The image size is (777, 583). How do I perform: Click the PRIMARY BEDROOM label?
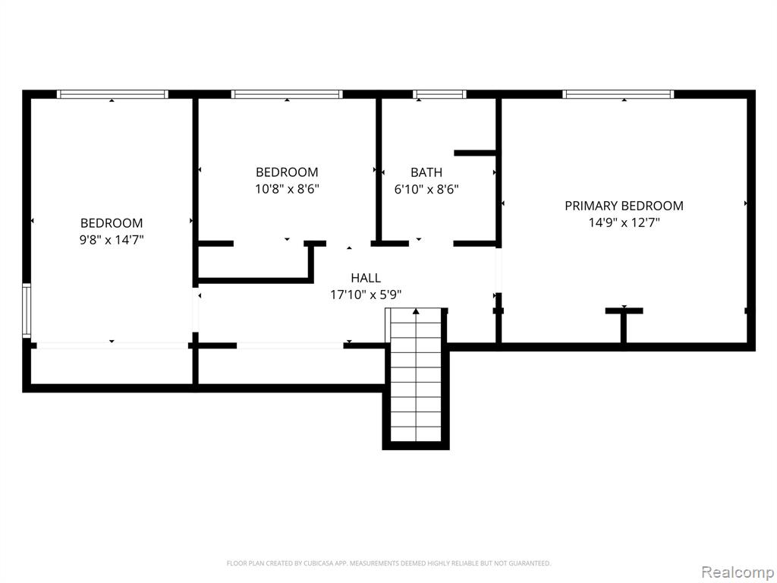coord(624,206)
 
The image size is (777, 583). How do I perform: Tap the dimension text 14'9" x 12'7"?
coord(624,223)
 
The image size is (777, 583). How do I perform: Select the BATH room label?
coord(426,172)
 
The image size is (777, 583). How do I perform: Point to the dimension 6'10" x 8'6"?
coord(426,190)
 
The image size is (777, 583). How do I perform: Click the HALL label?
coord(366,278)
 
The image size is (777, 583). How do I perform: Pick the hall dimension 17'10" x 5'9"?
coord(366,295)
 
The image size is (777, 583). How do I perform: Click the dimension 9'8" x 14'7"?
coord(112,241)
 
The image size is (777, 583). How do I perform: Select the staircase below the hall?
coord(416,380)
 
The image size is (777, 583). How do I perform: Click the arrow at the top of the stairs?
coord(416,311)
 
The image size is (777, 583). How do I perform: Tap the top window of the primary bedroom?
coord(618,94)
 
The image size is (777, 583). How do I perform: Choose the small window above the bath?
coord(439,94)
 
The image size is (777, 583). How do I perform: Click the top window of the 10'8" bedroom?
coord(287,94)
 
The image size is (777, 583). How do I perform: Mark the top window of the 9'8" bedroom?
coord(112,94)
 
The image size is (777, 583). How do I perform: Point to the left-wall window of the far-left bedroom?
coord(27,310)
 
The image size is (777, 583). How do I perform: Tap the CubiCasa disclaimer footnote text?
coord(388,563)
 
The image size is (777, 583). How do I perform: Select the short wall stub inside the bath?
coord(475,153)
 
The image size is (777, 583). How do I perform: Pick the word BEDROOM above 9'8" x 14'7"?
coord(112,223)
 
